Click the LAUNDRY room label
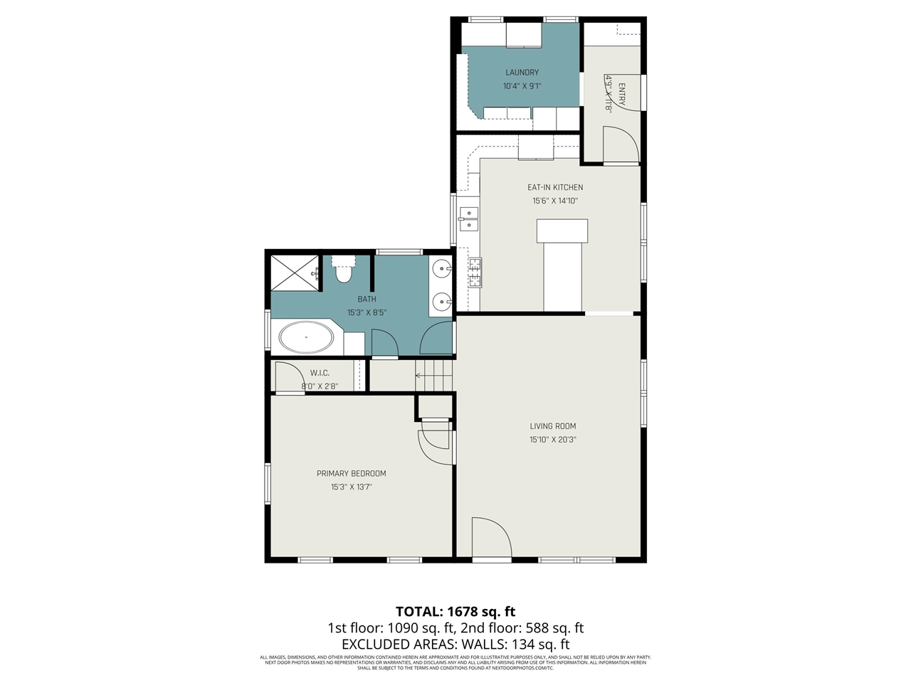(522, 73)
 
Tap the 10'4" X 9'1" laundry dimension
(522, 86)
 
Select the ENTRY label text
(621, 95)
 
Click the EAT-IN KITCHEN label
(555, 188)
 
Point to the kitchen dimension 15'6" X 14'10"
(555, 201)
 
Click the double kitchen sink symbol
(469, 218)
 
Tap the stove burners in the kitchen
(475, 272)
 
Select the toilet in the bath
(344, 270)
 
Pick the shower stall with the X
(295, 272)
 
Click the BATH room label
(367, 300)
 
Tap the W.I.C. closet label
(320, 374)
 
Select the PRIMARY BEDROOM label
(352, 474)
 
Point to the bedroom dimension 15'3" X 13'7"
(352, 487)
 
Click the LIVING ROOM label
(553, 426)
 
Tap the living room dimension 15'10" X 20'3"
(553, 440)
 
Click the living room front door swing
(491, 537)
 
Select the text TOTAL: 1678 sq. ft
(455, 612)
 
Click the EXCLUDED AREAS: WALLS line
(455, 645)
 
